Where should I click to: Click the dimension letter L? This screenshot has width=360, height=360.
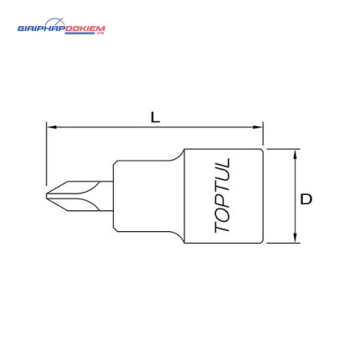tap(155, 117)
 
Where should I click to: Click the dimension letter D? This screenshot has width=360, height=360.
tap(306, 199)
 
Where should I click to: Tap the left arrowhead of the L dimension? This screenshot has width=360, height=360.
tap(52, 127)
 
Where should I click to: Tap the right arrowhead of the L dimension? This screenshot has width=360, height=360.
tap(258, 127)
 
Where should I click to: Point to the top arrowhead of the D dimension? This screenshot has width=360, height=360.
tap(295, 155)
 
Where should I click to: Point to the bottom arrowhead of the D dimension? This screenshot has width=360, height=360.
tap(295, 238)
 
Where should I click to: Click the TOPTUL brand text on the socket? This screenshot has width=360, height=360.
tap(223, 196)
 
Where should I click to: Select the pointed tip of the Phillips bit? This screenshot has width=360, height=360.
tap(47, 196)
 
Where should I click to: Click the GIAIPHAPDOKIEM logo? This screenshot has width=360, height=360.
tap(61, 27)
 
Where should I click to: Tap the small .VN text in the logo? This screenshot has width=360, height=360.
tap(100, 33)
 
